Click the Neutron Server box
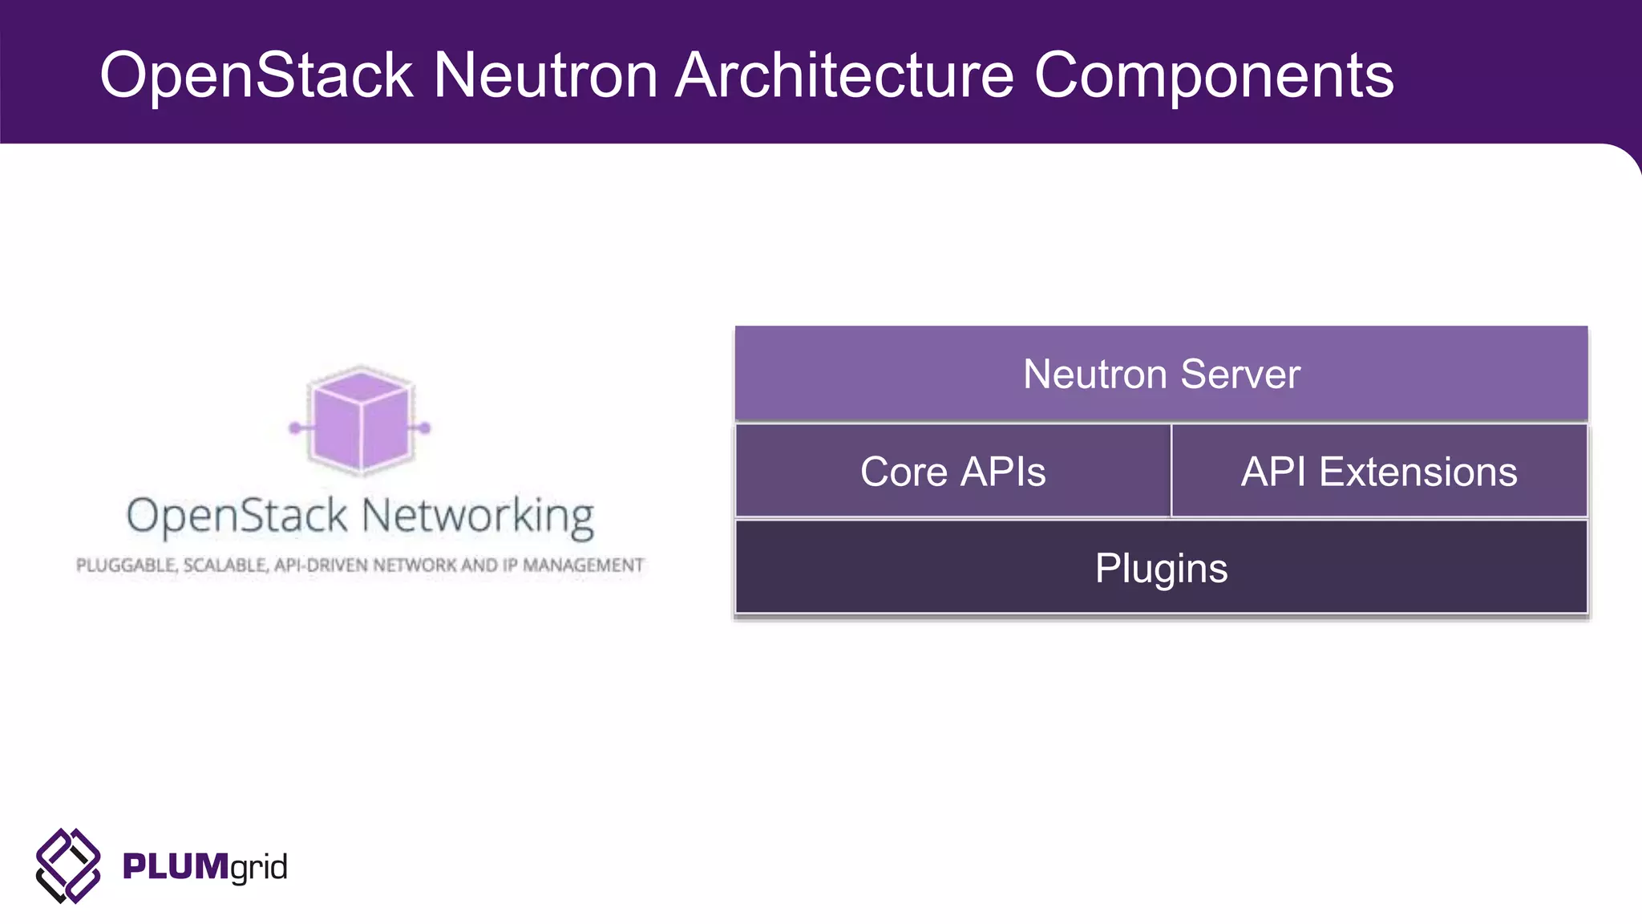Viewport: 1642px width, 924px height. tap(1161, 374)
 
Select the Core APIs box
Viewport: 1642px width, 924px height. tap(952, 472)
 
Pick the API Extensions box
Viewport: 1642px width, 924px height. tap(1379, 472)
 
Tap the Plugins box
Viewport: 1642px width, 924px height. tap(1161, 568)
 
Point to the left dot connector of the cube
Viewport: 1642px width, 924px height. tap(295, 428)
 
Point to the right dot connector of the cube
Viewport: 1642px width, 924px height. tap(425, 428)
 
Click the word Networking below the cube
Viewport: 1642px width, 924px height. tap(478, 516)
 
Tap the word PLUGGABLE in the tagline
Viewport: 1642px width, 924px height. tap(126, 565)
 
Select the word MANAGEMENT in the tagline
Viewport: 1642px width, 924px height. tap(583, 565)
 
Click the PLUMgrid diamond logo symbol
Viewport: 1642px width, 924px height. tap(68, 865)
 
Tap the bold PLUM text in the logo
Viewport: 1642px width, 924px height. tap(176, 867)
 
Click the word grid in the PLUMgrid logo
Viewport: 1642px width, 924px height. tap(259, 867)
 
